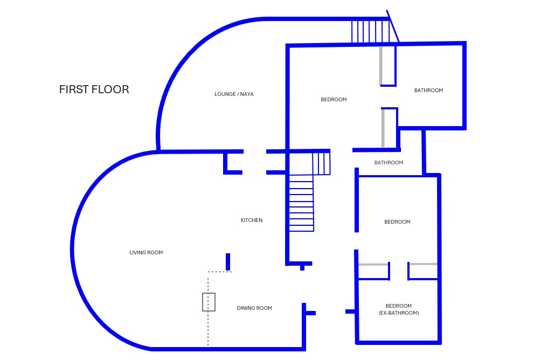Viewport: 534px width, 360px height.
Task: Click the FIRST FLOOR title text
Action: click(94, 89)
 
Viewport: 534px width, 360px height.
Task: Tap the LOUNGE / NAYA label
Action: click(234, 94)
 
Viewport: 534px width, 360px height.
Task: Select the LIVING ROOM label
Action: click(146, 253)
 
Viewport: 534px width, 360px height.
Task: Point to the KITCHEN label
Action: click(252, 220)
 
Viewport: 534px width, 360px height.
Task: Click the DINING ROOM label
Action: click(254, 308)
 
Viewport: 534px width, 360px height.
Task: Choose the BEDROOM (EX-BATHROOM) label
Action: click(399, 309)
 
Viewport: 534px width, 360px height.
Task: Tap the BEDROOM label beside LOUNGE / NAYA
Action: click(334, 100)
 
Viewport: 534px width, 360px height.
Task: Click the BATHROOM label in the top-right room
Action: click(428, 91)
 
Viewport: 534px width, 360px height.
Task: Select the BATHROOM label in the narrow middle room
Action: click(389, 163)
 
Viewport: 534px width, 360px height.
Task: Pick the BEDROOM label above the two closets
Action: click(397, 222)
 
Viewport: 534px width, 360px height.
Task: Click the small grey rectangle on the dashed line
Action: click(209, 302)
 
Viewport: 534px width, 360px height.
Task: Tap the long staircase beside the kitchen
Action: click(301, 205)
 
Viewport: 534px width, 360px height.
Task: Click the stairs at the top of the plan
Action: click(370, 31)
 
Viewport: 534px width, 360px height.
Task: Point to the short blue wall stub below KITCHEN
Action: click(228, 261)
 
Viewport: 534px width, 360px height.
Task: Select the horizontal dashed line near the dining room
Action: click(220, 272)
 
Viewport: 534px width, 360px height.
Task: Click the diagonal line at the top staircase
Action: click(393, 26)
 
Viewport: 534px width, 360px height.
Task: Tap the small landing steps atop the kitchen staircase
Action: click(321, 163)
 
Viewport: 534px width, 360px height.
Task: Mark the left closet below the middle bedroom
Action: click(373, 272)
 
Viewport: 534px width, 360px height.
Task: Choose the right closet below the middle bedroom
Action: click(423, 272)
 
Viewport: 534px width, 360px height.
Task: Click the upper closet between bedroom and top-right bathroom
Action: click(388, 66)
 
